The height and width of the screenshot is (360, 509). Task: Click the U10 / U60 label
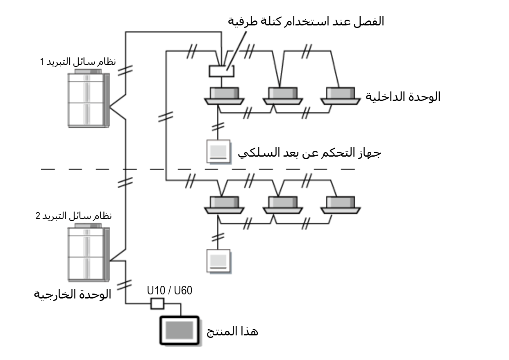(169, 291)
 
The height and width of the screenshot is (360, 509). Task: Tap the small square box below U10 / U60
(157, 304)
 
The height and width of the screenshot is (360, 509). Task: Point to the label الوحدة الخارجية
(72, 295)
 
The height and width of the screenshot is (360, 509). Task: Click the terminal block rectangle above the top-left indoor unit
(221, 71)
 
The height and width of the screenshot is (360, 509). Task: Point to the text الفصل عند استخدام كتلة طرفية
(305, 21)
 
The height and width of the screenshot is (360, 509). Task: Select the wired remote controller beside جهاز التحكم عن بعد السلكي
(218, 152)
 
